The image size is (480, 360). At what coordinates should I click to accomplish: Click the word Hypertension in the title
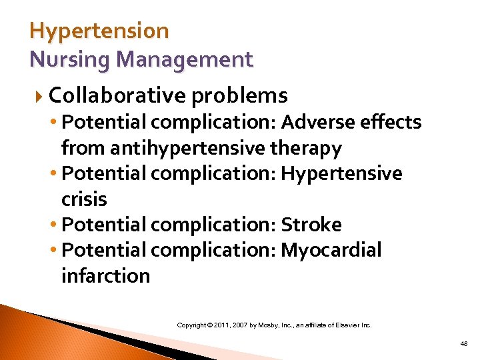99,31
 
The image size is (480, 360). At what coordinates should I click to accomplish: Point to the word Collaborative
117,96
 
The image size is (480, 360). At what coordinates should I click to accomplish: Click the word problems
239,96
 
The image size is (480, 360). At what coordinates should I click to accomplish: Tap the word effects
393,123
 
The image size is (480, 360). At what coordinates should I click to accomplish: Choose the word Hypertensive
341,174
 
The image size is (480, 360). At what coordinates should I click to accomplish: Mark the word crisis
84,199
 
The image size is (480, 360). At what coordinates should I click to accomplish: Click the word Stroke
311,225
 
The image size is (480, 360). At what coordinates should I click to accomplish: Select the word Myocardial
331,250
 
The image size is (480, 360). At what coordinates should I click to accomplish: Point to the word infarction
105,275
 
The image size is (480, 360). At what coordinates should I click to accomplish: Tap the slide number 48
463,343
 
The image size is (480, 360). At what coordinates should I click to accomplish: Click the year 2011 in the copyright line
221,325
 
